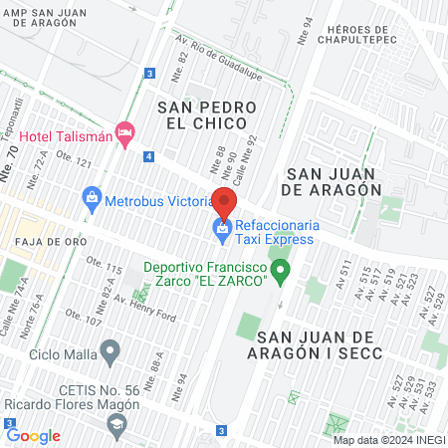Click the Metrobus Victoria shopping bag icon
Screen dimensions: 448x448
pos(92,196)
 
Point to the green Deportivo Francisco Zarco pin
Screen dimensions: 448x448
pos(281,269)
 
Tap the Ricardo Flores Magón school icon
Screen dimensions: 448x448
pos(117,425)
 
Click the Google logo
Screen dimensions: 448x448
pos(34,435)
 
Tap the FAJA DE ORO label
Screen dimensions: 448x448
pos(39,241)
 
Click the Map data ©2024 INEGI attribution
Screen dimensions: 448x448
pos(387,440)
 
